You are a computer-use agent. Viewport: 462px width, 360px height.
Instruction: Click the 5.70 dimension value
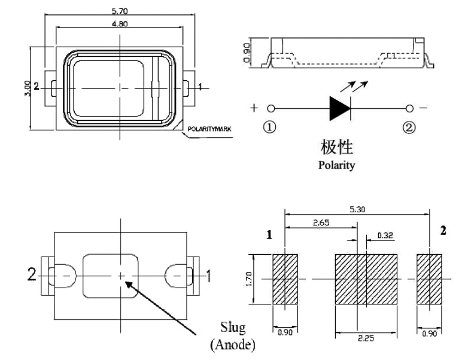[120, 11]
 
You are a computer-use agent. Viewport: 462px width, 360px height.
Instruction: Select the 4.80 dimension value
[120, 24]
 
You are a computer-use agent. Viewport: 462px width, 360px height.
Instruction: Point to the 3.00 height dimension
[25, 87]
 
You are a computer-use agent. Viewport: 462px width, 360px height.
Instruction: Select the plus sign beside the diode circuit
[254, 108]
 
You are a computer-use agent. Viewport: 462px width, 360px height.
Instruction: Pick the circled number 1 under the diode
[270, 128]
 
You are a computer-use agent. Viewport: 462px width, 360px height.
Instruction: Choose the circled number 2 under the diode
[409, 128]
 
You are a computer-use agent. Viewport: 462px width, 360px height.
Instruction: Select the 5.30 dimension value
[357, 210]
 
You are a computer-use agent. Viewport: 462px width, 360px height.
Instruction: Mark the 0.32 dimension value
[385, 235]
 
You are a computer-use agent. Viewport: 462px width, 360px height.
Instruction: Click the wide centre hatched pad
[365, 279]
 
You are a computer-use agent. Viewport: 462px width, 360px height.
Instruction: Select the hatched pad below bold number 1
[285, 279]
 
